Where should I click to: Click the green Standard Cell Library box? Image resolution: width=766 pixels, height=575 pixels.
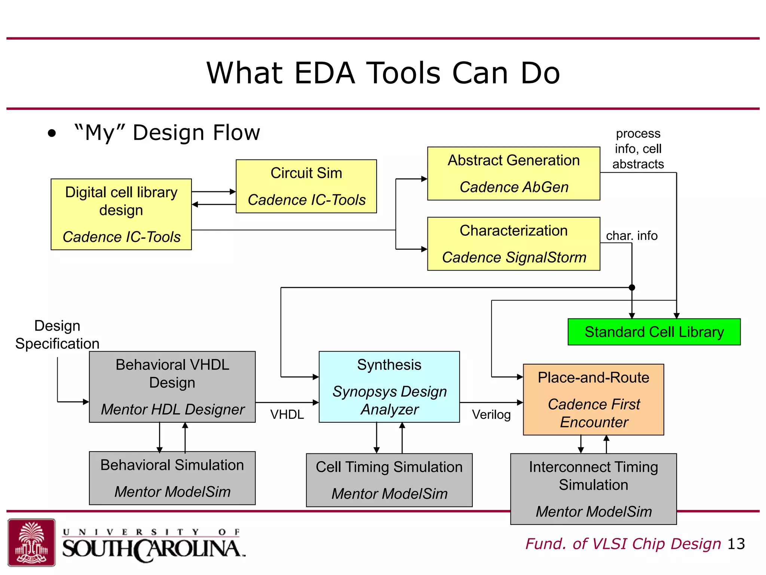(654, 332)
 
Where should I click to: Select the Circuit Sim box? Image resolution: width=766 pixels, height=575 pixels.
(306, 186)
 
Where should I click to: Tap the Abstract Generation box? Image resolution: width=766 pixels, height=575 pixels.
(514, 173)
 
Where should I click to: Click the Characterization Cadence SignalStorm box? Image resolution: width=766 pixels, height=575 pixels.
(514, 244)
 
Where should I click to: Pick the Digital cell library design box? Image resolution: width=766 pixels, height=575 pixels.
(121, 214)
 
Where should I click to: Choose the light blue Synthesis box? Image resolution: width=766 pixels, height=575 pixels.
(389, 387)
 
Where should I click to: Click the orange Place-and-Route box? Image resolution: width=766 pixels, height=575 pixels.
(593, 399)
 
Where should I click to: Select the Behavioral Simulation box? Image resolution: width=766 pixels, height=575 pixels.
(172, 478)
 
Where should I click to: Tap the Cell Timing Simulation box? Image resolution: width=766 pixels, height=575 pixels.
(389, 480)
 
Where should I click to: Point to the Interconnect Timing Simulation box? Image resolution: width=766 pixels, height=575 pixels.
(593, 489)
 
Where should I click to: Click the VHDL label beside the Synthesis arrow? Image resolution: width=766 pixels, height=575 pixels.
(287, 414)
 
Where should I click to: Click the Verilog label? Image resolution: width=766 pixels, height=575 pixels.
(491, 414)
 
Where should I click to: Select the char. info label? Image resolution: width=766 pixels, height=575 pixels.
(632, 235)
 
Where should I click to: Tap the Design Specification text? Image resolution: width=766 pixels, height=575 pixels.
(57, 335)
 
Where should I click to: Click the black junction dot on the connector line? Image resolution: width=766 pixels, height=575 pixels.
(632, 287)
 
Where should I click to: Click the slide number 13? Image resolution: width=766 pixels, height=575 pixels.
(736, 544)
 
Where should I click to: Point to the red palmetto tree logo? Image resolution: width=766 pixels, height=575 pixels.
(32, 542)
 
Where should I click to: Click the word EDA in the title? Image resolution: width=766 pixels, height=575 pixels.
(324, 73)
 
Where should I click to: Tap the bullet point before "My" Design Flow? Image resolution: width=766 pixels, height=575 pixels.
(52, 133)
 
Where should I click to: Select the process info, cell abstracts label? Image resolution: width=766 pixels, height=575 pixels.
(638, 149)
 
